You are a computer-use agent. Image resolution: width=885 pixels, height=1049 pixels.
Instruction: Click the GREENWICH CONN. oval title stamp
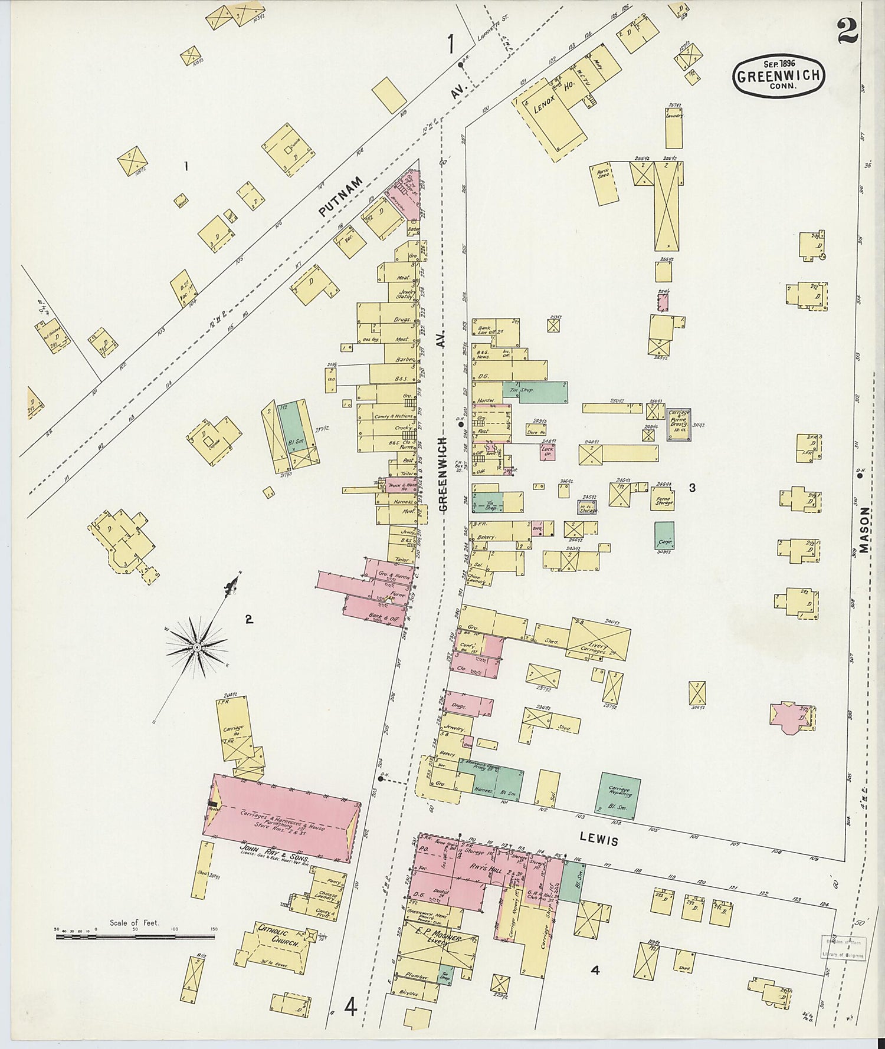pyautogui.click(x=778, y=75)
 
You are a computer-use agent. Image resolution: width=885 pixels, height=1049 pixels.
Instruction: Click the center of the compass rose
pyautogui.click(x=197, y=647)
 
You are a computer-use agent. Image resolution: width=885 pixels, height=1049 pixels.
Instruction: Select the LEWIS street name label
pyautogui.click(x=599, y=838)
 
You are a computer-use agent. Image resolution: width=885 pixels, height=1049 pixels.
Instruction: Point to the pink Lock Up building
pyautogui.click(x=548, y=452)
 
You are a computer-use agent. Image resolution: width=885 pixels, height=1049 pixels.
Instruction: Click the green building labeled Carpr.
pyautogui.click(x=664, y=536)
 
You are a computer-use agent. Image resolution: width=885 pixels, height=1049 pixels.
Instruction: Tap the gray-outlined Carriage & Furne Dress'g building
pyautogui.click(x=678, y=423)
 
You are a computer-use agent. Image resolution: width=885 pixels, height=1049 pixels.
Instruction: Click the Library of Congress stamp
pyautogui.click(x=843, y=948)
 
